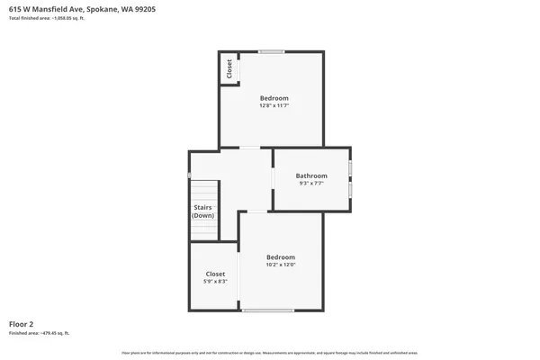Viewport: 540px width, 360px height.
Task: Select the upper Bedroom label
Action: click(274, 97)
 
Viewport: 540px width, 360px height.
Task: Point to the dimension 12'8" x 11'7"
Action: click(274, 105)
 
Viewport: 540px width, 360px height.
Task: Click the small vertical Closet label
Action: click(229, 68)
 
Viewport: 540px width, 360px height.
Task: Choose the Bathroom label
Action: click(311, 175)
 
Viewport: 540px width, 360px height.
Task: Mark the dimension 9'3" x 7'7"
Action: click(311, 184)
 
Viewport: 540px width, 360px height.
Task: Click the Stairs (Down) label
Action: click(202, 211)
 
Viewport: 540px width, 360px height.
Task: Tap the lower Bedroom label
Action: click(280, 257)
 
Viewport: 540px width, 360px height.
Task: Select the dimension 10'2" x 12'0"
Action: click(280, 265)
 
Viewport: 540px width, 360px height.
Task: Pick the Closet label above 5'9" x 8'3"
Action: click(215, 274)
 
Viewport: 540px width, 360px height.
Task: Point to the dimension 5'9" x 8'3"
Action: click(215, 282)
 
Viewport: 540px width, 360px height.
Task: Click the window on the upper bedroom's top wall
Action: click(272, 51)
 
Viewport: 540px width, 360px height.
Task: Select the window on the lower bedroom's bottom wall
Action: click(267, 310)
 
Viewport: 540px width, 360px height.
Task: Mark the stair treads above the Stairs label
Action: click(204, 191)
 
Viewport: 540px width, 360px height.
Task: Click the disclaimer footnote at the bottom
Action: click(269, 352)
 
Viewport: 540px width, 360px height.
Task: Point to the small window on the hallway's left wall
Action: click(189, 175)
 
